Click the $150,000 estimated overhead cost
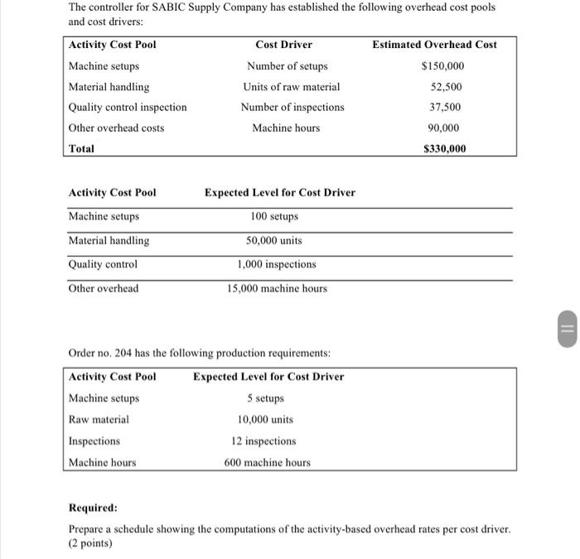[442, 66]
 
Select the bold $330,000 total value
[444, 149]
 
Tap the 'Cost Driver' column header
[284, 45]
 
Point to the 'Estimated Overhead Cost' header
[434, 45]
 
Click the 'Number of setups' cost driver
[287, 66]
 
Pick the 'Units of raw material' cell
[291, 87]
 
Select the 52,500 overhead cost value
[447, 87]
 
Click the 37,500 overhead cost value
[447, 107]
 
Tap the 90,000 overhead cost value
[447, 128]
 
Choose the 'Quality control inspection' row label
[128, 107]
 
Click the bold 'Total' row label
[81, 149]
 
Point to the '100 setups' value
[273, 216]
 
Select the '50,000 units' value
[274, 240]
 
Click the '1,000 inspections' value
[276, 264]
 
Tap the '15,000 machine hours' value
[277, 288]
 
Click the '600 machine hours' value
[267, 462]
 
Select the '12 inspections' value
[263, 441]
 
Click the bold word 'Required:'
[92, 507]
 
